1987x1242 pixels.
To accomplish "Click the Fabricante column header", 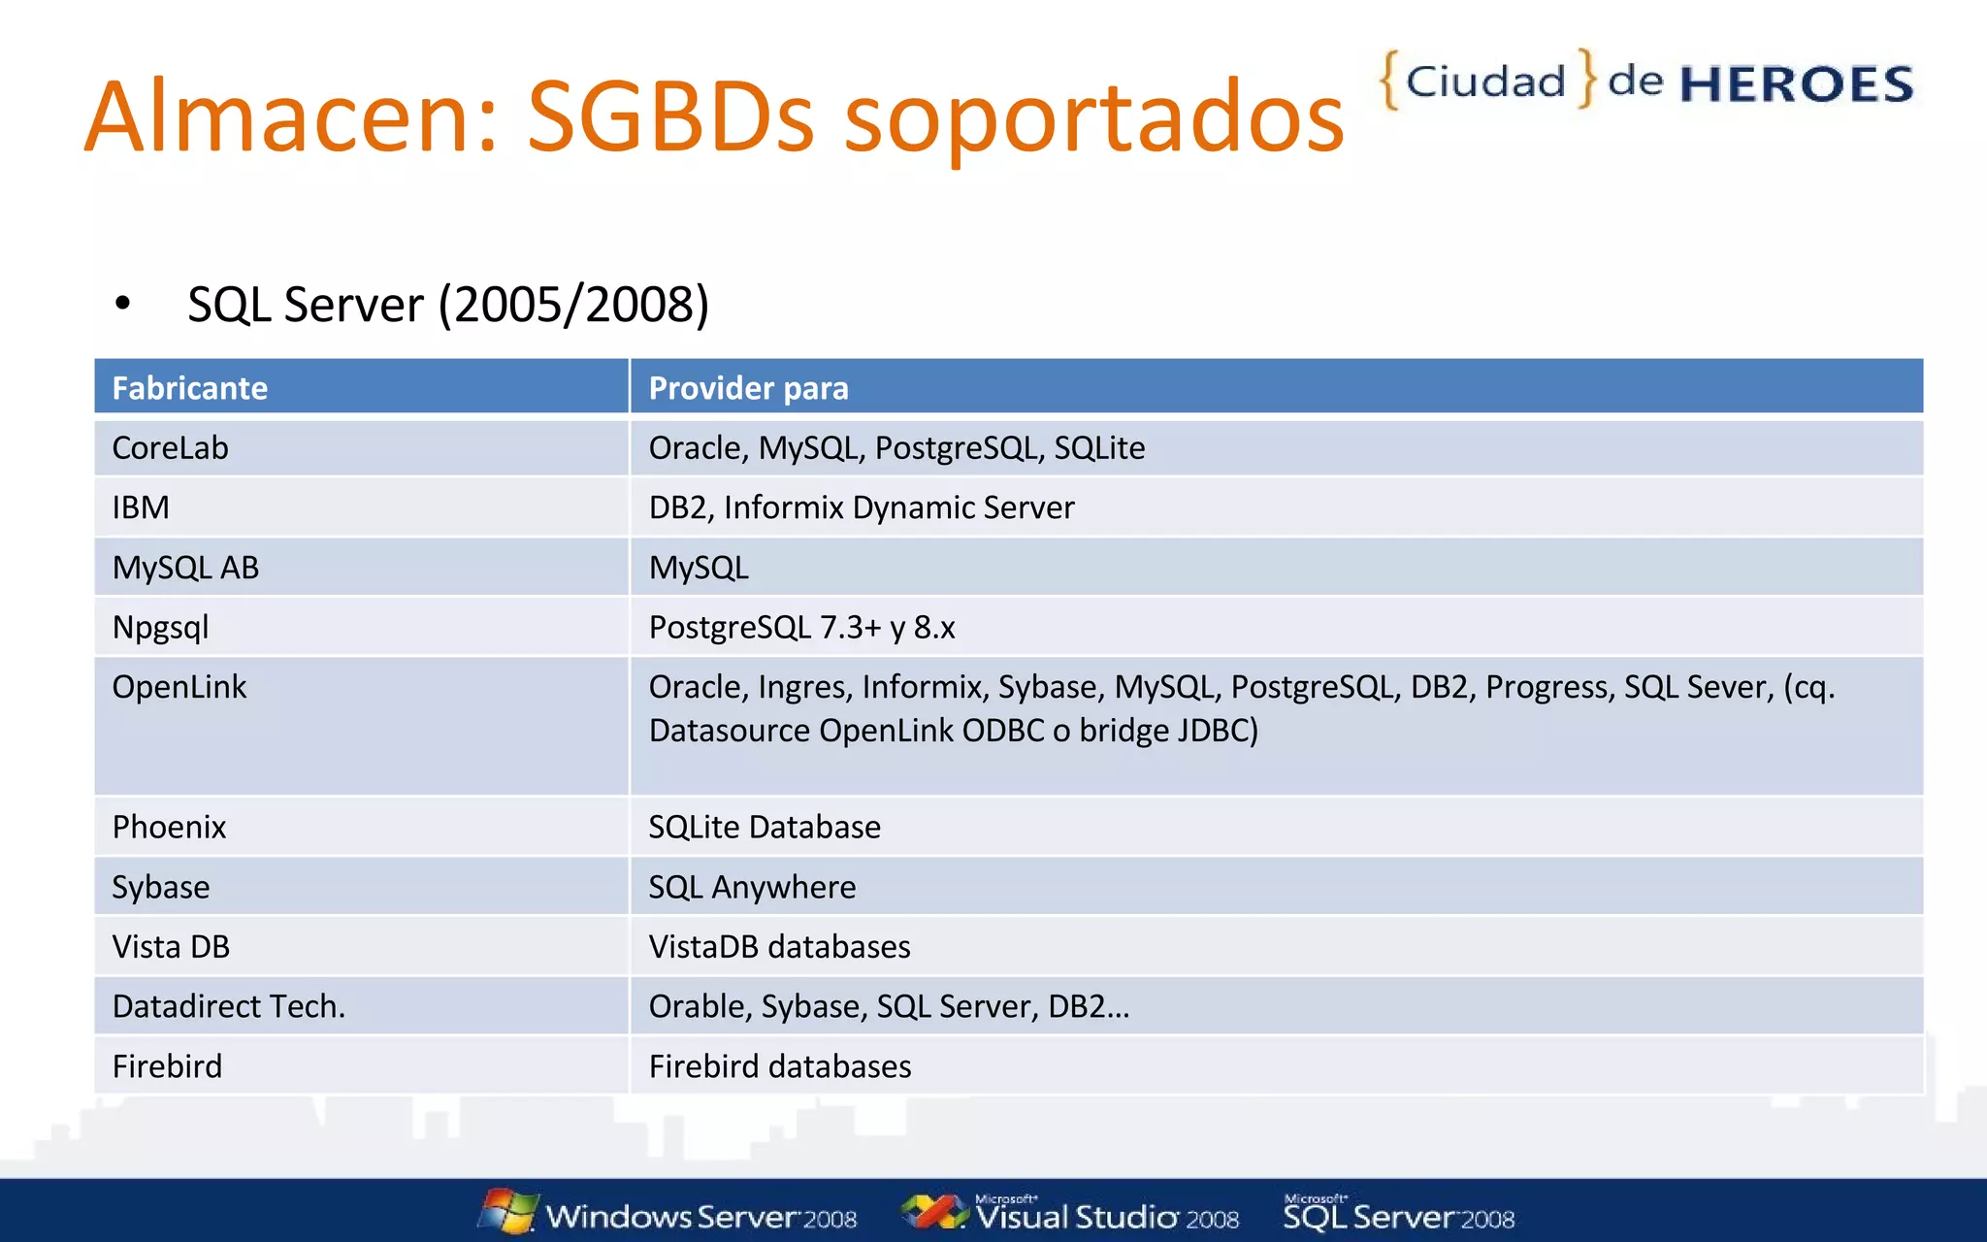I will pyautogui.click(x=190, y=388).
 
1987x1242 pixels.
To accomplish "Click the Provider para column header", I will pyautogui.click(x=748, y=388).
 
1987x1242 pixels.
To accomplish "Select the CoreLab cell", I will pyautogui.click(x=171, y=448).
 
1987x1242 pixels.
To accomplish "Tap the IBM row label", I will pyautogui.click(x=141, y=507).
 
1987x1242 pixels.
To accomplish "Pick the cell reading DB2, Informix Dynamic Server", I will pyautogui.click(x=861, y=507).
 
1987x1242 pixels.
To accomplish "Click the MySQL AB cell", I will pyautogui.click(x=185, y=568).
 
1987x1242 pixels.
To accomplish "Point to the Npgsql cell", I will pyautogui.click(x=160, y=628).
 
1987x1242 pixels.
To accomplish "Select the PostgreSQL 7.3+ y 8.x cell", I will pyautogui.click(x=801, y=628).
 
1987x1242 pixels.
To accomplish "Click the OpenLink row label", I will pyautogui.click(x=179, y=687).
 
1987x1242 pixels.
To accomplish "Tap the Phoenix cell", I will pyautogui.click(x=169, y=827).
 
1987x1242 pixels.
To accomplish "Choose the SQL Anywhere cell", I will pyautogui.click(x=752, y=887).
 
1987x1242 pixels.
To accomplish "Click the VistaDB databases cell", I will pyautogui.click(x=779, y=947).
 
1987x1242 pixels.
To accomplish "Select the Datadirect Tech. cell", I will pyautogui.click(x=229, y=1006).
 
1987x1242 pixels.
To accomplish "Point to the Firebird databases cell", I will pyautogui.click(x=779, y=1066).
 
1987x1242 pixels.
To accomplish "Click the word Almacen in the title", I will pyautogui.click(x=291, y=116).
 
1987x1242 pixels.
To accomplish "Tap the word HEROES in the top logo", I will pyautogui.click(x=1796, y=84).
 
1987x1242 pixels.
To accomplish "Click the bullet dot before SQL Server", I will pyautogui.click(x=122, y=304).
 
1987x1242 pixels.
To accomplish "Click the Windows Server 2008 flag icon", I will pyautogui.click(x=508, y=1211).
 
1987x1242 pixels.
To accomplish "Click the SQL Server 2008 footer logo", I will pyautogui.click(x=1398, y=1215).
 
